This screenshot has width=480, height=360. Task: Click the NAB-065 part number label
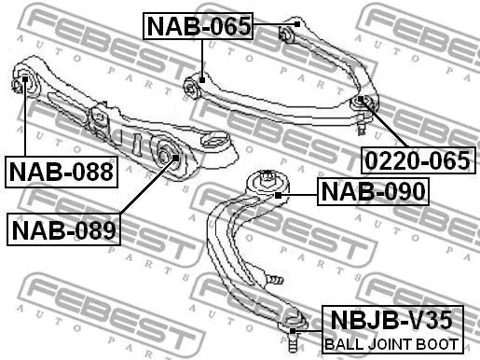(x=198, y=26)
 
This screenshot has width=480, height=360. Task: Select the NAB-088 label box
(x=62, y=172)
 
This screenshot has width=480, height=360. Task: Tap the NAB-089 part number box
(x=63, y=229)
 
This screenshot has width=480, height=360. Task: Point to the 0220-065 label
(x=418, y=160)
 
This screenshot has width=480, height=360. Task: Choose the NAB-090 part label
(x=373, y=191)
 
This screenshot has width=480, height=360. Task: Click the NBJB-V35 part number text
(x=391, y=320)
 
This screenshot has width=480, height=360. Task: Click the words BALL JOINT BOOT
(x=391, y=344)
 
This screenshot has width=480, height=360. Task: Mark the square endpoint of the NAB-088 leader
(x=25, y=79)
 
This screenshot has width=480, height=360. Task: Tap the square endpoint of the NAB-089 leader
(x=175, y=158)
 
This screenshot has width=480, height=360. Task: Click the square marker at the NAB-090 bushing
(x=278, y=195)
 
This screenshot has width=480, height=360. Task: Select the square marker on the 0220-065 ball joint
(x=361, y=99)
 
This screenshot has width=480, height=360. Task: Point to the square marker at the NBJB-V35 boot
(x=293, y=331)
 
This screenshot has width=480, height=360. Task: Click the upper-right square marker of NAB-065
(x=297, y=24)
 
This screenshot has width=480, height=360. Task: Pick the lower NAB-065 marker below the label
(x=202, y=80)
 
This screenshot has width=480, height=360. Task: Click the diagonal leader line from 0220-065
(x=384, y=123)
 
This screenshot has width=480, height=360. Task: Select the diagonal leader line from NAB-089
(x=148, y=186)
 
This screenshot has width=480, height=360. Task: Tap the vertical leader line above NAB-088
(x=25, y=118)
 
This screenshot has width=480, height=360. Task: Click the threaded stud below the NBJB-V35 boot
(x=292, y=343)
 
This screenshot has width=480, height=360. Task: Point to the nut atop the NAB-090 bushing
(x=267, y=177)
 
